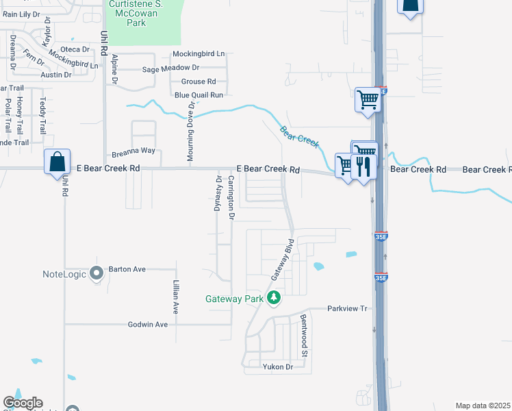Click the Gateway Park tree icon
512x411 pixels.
pos(274,298)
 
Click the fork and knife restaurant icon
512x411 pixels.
pos(363,167)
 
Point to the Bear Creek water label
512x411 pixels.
pos(299,135)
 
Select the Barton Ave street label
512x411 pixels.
pos(128,269)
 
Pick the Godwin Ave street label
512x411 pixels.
pos(148,324)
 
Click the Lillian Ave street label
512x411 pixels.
pos(176,298)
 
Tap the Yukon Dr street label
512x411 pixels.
pos(278,366)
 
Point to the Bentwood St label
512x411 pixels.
pos(303,336)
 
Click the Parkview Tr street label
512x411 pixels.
pos(348,308)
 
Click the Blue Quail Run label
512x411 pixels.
pos(199,95)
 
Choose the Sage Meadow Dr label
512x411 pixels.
pos(170,68)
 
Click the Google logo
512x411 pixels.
pos(23,403)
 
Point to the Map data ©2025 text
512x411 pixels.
pos(483,406)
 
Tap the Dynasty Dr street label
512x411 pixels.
pos(219,194)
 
